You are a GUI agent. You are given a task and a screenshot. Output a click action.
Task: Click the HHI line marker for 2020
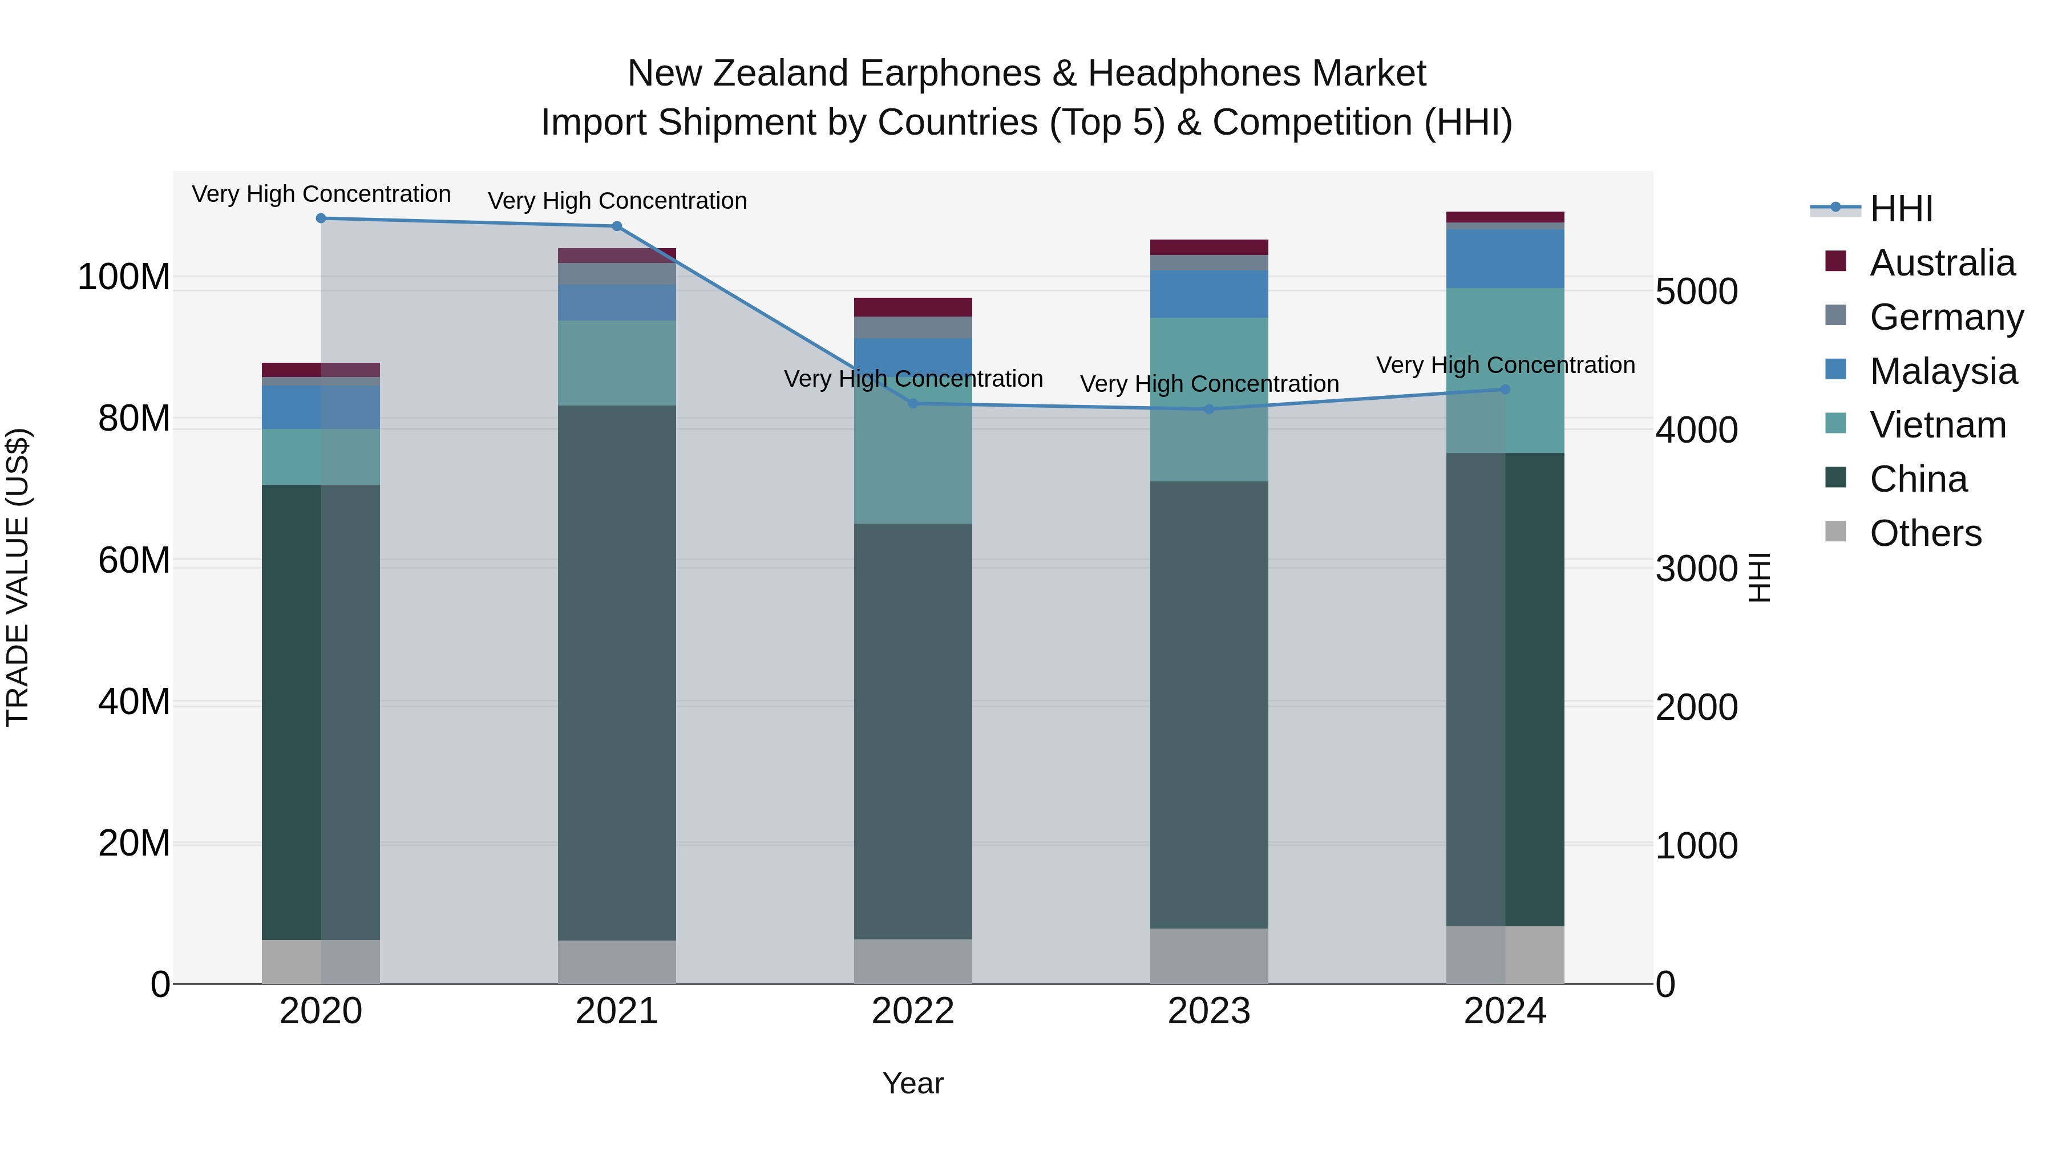(321, 218)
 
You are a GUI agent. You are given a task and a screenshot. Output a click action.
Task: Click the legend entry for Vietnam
(1938, 425)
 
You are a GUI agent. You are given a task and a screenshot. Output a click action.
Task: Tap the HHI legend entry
(1901, 209)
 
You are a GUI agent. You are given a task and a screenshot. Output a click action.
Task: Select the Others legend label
(1925, 533)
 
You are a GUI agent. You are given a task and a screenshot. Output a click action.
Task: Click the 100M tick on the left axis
(124, 277)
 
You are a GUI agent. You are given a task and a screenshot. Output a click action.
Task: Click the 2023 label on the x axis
(1209, 1011)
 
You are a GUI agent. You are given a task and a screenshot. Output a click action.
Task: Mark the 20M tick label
(134, 844)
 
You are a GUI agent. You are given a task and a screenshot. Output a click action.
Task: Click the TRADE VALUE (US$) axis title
(18, 577)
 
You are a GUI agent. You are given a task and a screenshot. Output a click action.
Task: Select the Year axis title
(913, 1083)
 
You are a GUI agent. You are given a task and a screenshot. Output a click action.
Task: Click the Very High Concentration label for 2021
(617, 201)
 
